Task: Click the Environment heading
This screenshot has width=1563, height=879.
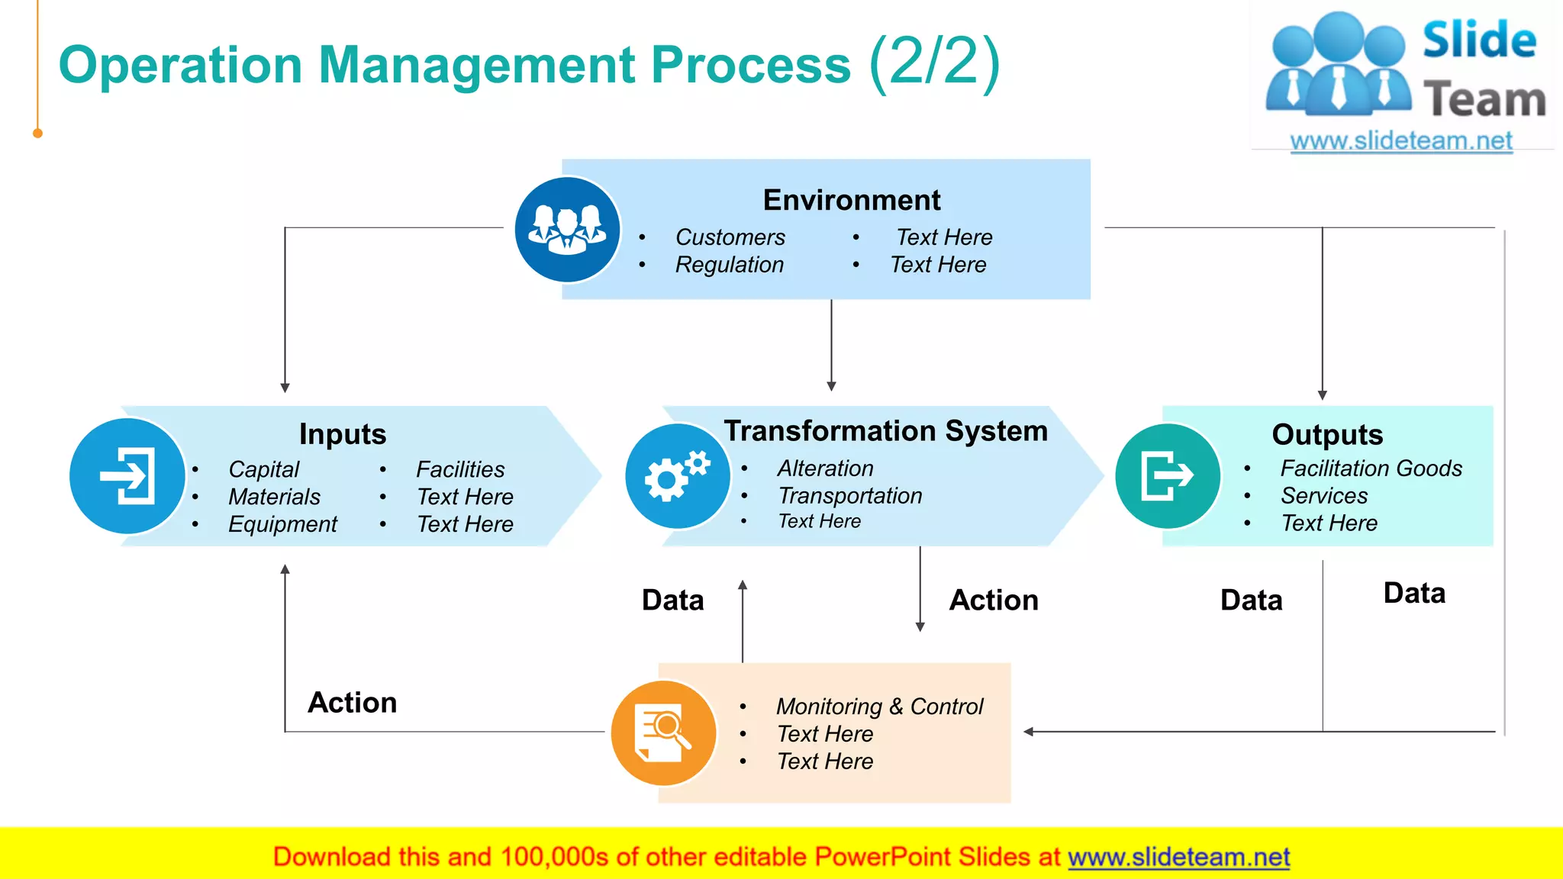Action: [851, 200]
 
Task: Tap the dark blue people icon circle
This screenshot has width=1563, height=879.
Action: [567, 230]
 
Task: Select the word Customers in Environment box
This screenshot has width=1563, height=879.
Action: [730, 237]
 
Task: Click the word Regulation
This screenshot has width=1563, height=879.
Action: [729, 265]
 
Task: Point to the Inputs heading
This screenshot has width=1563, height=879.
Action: [343, 434]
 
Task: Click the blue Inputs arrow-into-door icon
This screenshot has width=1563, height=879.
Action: [127, 476]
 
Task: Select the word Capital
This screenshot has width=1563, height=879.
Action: [263, 469]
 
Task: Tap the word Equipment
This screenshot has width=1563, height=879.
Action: [282, 524]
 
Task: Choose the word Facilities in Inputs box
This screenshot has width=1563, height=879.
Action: [460, 469]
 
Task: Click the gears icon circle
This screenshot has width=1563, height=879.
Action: [677, 476]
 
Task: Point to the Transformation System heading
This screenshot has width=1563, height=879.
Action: [885, 431]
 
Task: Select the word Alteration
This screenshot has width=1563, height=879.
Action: [825, 468]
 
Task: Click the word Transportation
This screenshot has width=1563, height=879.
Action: [849, 496]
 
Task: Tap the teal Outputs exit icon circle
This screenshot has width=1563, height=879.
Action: [1167, 476]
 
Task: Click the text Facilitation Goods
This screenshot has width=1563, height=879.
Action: [1371, 468]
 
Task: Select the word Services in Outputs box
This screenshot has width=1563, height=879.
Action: [1323, 496]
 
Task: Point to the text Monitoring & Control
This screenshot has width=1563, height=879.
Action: [879, 707]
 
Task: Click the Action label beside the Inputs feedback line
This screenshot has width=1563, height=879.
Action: [352, 703]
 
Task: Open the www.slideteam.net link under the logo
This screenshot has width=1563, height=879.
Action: [1400, 141]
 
